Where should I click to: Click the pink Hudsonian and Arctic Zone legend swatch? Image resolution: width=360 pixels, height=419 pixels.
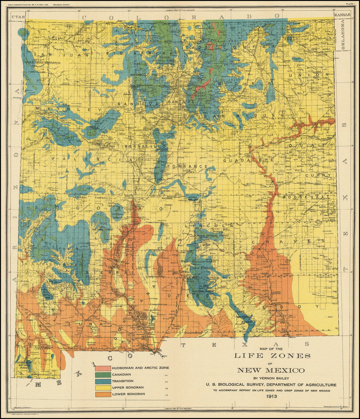(102, 368)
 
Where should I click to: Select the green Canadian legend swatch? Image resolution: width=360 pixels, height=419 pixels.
(102, 375)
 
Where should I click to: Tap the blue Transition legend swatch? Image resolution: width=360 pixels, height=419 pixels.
(102, 381)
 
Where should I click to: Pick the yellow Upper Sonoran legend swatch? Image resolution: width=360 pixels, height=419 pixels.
(102, 388)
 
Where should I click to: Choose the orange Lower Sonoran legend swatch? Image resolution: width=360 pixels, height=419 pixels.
(102, 394)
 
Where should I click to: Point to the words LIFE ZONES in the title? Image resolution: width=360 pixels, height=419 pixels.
(272, 356)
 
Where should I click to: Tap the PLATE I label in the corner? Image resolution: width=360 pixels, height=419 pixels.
(350, 4)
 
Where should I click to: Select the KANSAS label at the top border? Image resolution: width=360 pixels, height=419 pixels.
(342, 15)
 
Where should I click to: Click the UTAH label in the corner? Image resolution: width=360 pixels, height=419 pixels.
(17, 17)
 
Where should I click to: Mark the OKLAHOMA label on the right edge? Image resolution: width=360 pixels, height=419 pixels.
(342, 35)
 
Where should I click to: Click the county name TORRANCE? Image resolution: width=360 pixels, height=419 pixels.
(187, 166)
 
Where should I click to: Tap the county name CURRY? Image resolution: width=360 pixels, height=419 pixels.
(318, 175)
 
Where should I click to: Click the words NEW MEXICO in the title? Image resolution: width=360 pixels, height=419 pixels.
(270, 371)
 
